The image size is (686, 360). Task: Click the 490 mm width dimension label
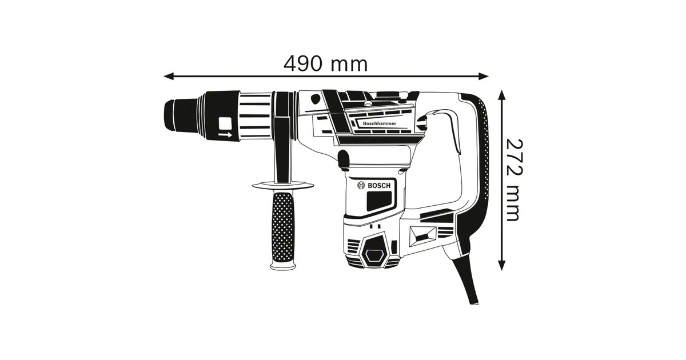pos(325,63)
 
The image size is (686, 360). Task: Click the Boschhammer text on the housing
pos(380,123)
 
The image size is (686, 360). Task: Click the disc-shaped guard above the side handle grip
pos(283,185)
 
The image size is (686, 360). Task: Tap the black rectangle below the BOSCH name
pos(379,201)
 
